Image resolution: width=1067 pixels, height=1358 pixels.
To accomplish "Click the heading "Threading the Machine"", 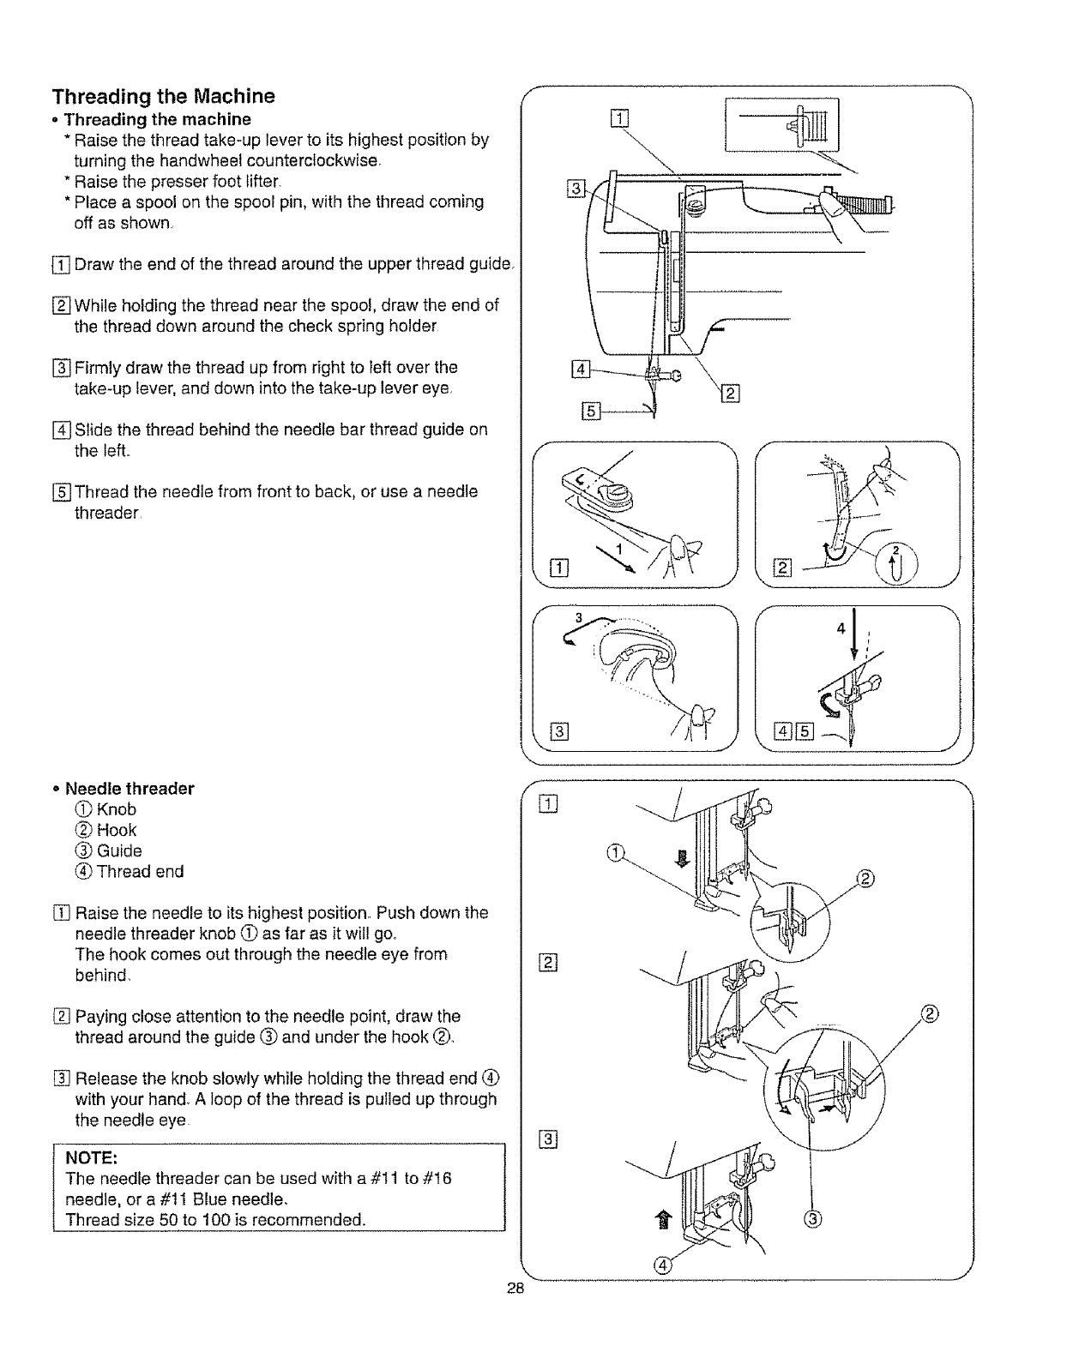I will click(163, 95).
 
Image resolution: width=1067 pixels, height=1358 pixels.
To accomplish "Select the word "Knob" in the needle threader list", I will click(117, 809).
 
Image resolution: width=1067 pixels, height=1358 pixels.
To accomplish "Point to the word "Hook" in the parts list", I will click(117, 830).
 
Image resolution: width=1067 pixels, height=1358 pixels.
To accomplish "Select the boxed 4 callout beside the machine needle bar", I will click(582, 370).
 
